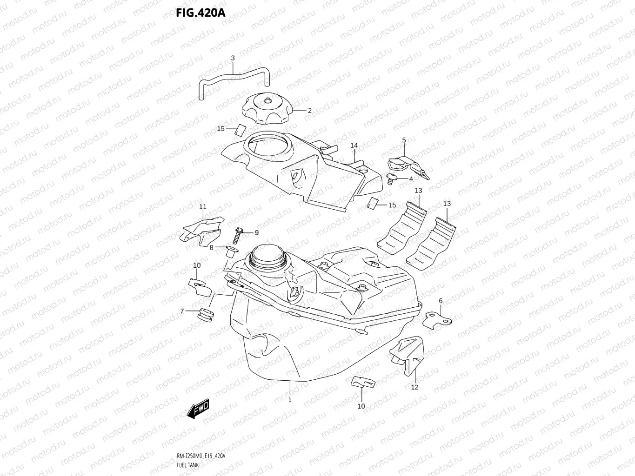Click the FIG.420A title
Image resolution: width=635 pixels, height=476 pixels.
coord(201,12)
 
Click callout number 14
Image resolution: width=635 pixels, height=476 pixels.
coord(354,145)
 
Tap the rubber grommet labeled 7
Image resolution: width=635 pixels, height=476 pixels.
coord(205,316)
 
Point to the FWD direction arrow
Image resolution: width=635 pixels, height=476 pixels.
coord(198,409)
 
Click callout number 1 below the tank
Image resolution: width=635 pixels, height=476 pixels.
coord(289,400)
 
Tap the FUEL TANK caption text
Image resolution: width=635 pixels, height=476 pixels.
coord(187,464)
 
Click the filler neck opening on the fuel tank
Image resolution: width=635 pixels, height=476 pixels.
coord(266,257)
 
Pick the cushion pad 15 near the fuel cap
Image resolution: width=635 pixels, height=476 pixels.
coord(241,129)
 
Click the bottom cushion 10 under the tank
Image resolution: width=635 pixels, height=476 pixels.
coord(363,382)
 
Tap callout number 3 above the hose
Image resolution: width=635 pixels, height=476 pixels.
coord(233,58)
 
